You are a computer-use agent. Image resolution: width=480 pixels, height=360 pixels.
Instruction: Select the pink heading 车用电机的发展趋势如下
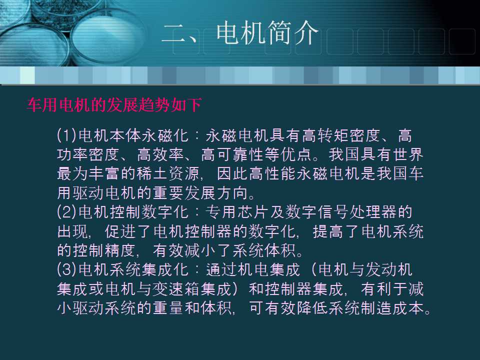click(114, 105)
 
